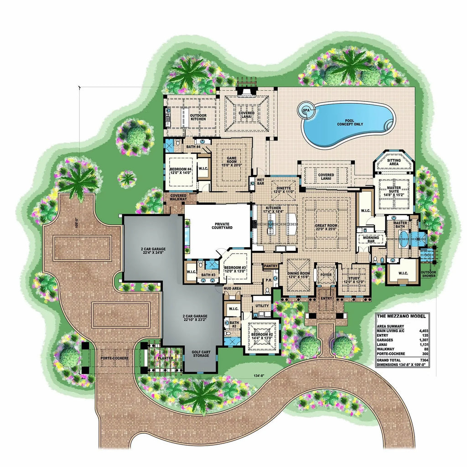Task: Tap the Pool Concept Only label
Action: pyautogui.click(x=349, y=121)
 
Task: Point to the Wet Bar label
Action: pyautogui.click(x=260, y=182)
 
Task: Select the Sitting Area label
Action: pyautogui.click(x=394, y=163)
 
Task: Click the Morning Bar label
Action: pyautogui.click(x=371, y=240)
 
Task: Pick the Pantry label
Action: pyautogui.click(x=271, y=265)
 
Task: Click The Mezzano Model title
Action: pyautogui.click(x=402, y=316)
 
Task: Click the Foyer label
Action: pyautogui.click(x=326, y=275)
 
